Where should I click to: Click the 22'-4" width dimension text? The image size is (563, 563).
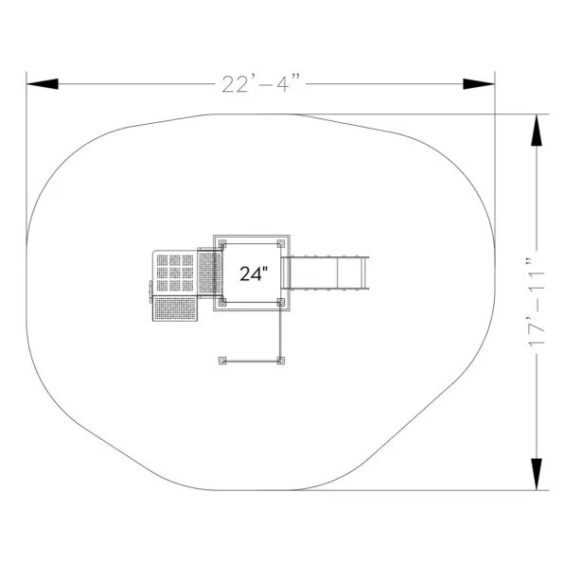pos(261,83)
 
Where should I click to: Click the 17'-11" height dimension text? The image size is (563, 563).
pos(537,302)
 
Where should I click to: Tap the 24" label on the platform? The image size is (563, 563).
pos(254,273)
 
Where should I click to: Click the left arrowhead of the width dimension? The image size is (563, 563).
pos(43,84)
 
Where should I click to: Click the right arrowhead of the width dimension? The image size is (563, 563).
pos(479,84)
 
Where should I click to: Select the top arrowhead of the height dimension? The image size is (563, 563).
pos(537,130)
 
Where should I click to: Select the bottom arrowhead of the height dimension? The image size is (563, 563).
pos(537,474)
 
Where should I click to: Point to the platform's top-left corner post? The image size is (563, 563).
pos(222,244)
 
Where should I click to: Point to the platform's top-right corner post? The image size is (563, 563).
pos(281,244)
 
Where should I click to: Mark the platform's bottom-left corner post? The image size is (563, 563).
pos(222,302)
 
